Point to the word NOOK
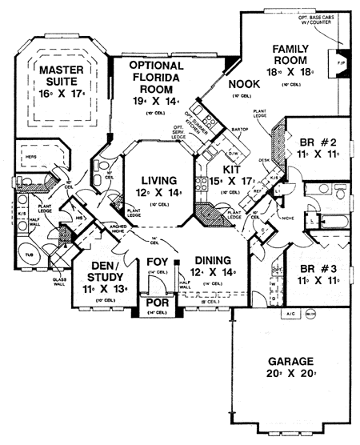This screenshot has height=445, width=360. [243, 83]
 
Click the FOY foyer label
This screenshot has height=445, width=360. [156, 262]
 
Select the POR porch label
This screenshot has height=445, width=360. [156, 306]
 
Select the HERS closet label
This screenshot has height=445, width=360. [29, 158]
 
